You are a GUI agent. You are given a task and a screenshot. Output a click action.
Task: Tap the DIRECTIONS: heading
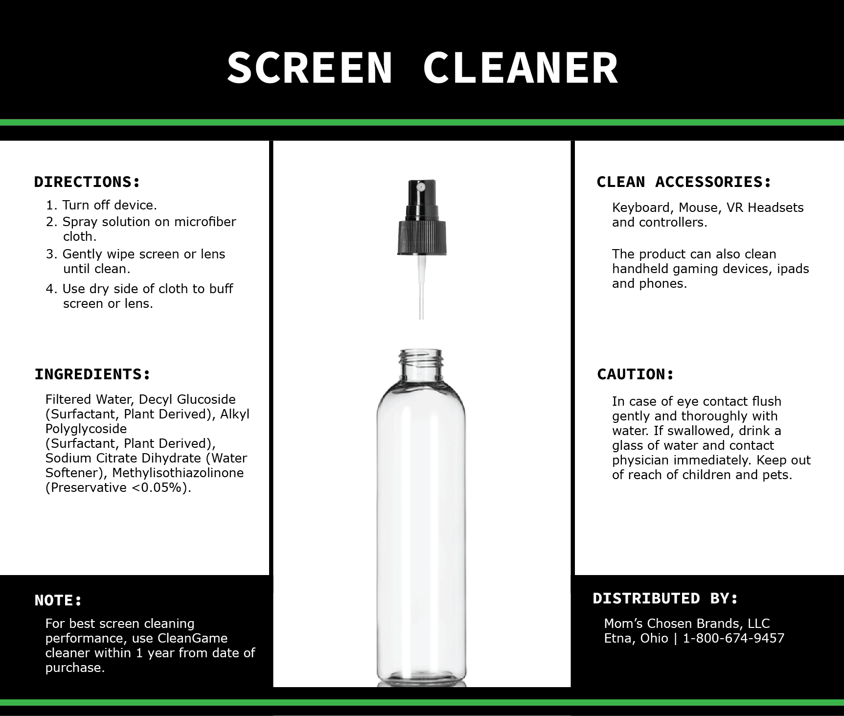tap(87, 182)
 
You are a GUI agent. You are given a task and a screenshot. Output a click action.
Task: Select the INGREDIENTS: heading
tap(92, 374)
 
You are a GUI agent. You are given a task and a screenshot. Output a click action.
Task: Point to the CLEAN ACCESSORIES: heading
tap(684, 182)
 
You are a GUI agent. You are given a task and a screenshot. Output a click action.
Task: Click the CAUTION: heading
tap(636, 374)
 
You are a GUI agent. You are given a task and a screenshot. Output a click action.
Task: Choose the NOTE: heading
tap(58, 600)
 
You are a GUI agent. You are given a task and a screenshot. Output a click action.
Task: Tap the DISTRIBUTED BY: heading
tap(665, 598)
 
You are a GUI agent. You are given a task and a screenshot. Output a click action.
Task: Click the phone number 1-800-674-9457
tap(733, 638)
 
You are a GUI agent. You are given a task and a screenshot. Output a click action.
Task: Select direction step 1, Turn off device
tap(101, 205)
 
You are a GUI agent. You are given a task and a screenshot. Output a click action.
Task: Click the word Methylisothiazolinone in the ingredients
tap(178, 473)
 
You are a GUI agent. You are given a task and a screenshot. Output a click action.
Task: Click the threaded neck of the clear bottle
tap(421, 362)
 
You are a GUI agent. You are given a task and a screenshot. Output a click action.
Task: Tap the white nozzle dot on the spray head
tap(420, 186)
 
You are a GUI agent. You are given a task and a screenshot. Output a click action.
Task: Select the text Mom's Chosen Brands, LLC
tap(687, 624)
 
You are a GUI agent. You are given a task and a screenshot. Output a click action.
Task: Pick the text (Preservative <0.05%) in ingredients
tap(118, 488)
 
